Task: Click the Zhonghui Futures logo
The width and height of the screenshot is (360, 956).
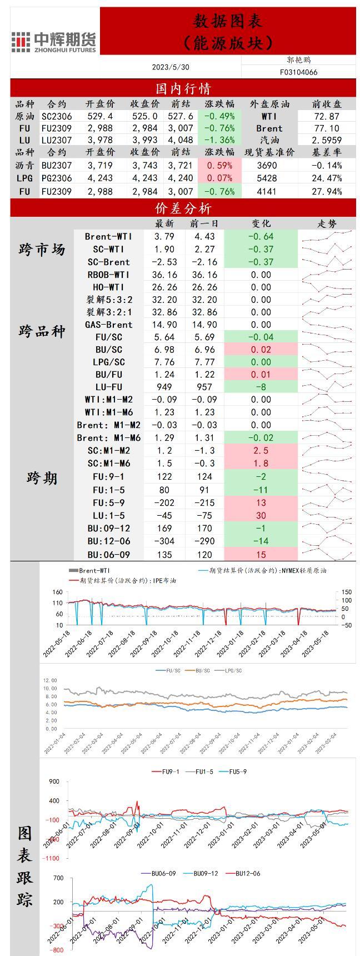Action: click(54, 42)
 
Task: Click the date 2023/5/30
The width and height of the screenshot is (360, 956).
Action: click(171, 67)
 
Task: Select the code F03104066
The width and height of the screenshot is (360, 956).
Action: click(299, 72)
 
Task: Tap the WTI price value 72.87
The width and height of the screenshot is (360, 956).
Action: click(327, 116)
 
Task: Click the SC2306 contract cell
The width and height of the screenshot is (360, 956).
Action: click(57, 116)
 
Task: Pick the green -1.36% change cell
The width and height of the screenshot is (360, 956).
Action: click(219, 140)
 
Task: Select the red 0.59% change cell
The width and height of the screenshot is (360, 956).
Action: click(219, 165)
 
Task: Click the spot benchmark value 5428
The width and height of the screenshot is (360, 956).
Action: click(267, 178)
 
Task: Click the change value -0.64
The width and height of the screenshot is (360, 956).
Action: click(261, 236)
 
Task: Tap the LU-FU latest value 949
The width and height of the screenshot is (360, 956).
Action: click(164, 387)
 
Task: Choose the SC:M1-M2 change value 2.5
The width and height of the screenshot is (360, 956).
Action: click(261, 450)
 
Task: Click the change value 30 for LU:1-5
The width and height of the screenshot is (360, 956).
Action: click(261, 515)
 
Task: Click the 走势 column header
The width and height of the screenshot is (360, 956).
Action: click(327, 223)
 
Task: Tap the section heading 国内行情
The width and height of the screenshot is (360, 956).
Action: click(183, 88)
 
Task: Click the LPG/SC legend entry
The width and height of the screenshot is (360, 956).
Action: click(233, 671)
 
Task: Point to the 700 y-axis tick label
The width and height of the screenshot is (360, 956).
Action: click(58, 878)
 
